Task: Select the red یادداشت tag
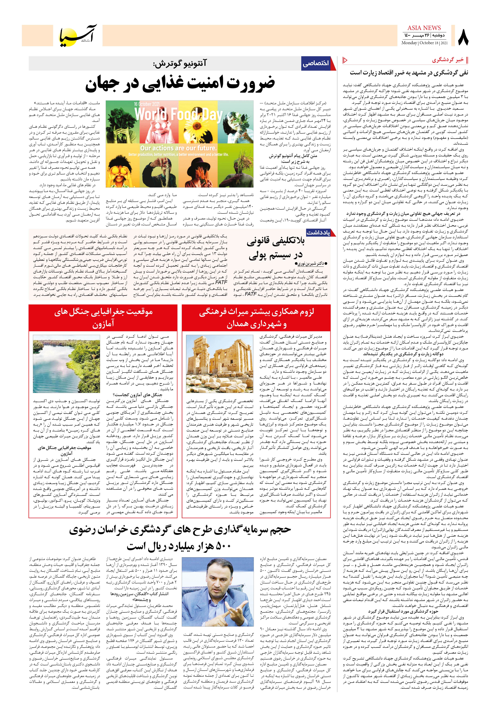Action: [x=318, y=233]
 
